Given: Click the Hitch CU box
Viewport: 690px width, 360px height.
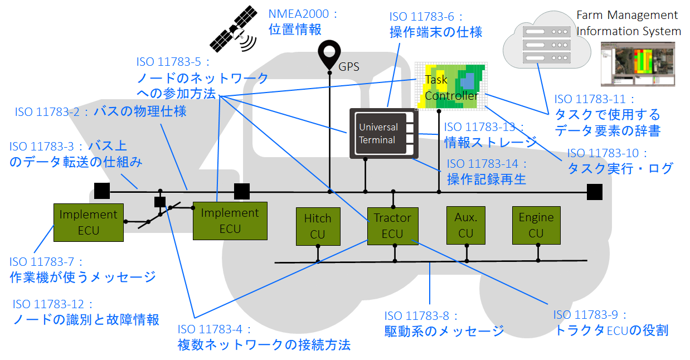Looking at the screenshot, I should (318, 226).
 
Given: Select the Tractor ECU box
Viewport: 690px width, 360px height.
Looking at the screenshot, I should (392, 226).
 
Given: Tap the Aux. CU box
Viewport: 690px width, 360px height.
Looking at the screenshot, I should (465, 225).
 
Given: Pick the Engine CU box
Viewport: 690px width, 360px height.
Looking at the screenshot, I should (536, 225).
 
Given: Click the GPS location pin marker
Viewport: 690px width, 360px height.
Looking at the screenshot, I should (329, 53).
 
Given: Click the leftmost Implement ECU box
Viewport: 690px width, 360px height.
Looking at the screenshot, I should (88, 222).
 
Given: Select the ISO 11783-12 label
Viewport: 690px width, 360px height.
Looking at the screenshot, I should (54, 304).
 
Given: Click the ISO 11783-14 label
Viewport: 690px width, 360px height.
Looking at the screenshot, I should (487, 164).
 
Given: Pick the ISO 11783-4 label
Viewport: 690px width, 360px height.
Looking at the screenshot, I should (215, 329).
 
